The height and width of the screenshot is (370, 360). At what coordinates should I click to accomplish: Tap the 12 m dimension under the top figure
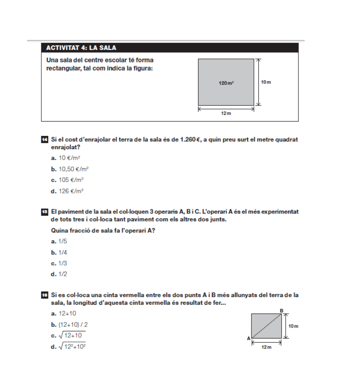(226, 113)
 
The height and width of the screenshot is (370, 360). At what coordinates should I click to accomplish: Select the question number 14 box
(43, 140)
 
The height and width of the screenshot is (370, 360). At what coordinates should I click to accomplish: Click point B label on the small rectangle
(282, 310)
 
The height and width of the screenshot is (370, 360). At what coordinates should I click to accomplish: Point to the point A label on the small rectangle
(248, 338)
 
